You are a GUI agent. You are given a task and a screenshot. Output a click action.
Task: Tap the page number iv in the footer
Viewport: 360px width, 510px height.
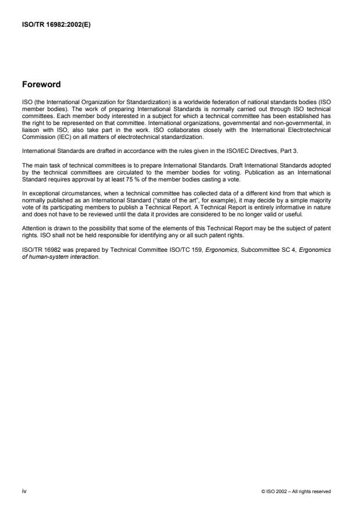23,491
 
